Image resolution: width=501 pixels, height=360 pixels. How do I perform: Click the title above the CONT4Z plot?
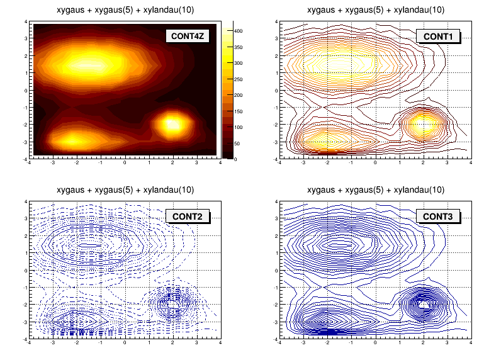pos(125,9)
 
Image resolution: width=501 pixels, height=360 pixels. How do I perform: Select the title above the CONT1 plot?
pos(376,9)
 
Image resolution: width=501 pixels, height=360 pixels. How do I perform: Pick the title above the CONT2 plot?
pos(125,189)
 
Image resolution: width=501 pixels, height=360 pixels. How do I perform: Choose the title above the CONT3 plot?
pos(376,189)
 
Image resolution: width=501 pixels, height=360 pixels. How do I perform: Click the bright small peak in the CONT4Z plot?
pos(172,124)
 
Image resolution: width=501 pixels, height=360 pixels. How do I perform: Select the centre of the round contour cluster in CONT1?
pos(423,124)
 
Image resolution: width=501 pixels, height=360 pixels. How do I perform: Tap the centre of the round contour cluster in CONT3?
pos(423,303)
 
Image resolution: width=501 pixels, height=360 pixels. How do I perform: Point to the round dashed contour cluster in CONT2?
pos(172,303)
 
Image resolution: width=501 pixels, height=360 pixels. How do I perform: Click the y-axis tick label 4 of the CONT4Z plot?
pos(26,21)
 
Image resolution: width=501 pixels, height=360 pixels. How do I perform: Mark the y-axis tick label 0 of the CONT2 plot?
pos(26,271)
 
